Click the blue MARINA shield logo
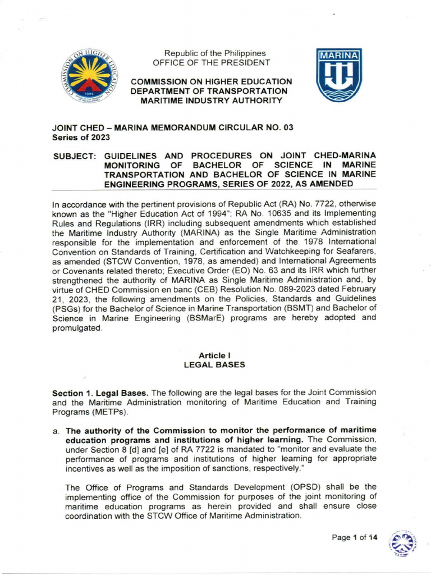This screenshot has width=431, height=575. pos(339,75)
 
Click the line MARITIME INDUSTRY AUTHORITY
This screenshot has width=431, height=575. pos(211,100)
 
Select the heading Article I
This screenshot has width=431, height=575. pos(215,355)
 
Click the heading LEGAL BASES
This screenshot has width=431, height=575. pos(215,364)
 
